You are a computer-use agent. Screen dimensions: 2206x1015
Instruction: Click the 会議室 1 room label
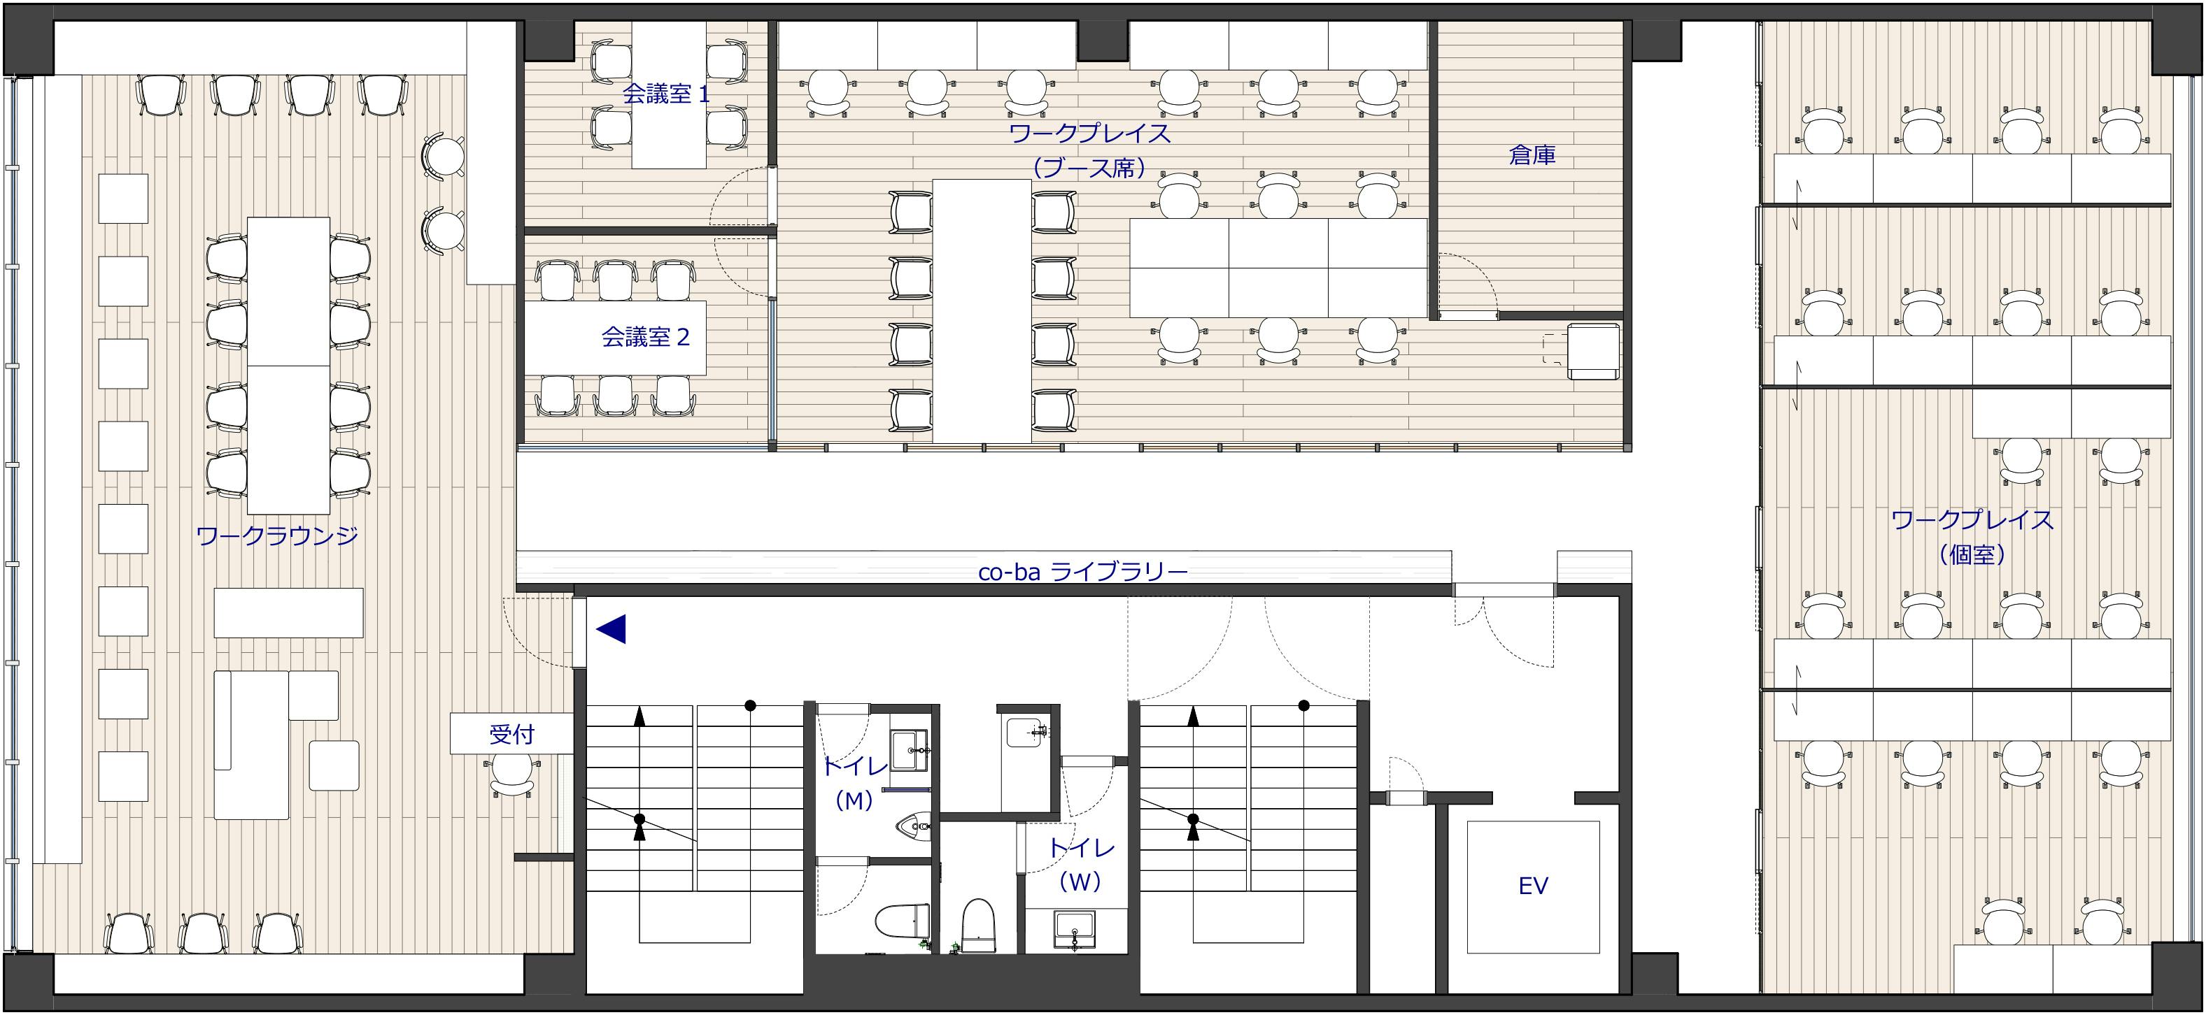point(665,94)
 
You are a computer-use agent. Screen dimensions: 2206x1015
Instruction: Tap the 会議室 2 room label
point(645,337)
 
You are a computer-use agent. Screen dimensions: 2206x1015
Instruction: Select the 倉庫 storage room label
point(1532,155)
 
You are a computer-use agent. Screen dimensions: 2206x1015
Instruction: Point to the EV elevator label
point(1533,886)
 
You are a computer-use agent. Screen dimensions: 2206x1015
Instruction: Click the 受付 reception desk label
point(512,734)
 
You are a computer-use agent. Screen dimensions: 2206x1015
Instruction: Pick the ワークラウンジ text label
point(276,535)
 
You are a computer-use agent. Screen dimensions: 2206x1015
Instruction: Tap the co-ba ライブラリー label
point(1082,572)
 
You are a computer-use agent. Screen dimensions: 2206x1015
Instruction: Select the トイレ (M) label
point(854,783)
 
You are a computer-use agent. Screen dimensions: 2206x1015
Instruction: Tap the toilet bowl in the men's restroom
point(903,922)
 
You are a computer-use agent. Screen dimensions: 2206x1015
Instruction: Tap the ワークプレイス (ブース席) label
point(1090,150)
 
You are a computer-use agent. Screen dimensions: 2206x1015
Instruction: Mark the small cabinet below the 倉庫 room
point(1594,351)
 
